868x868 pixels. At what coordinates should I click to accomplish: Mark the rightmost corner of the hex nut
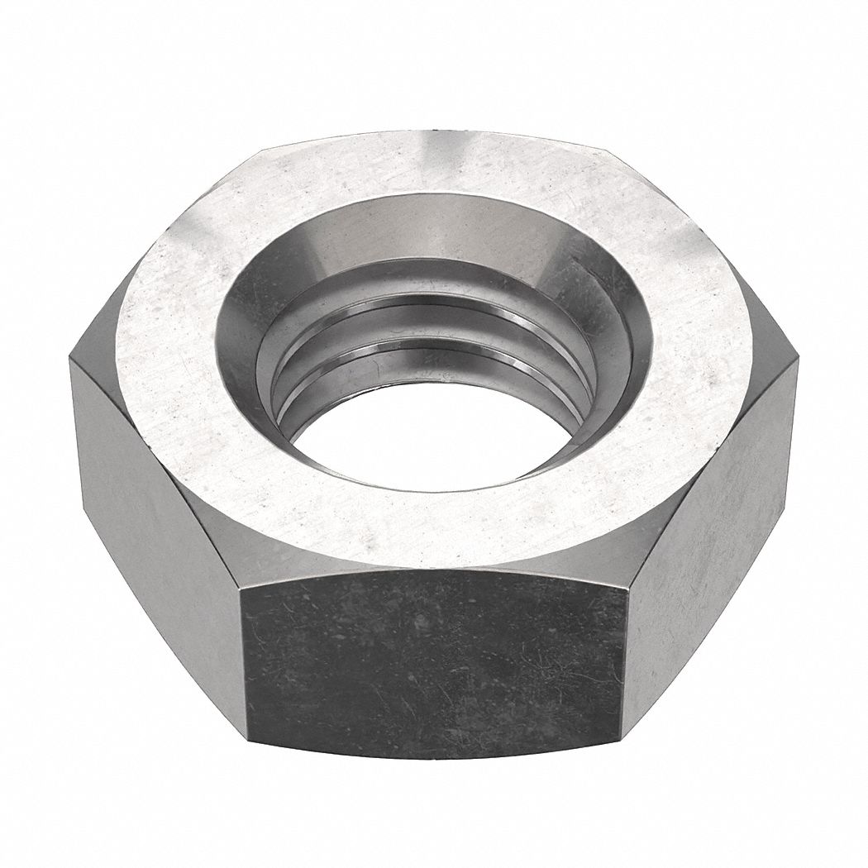tap(799, 355)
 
